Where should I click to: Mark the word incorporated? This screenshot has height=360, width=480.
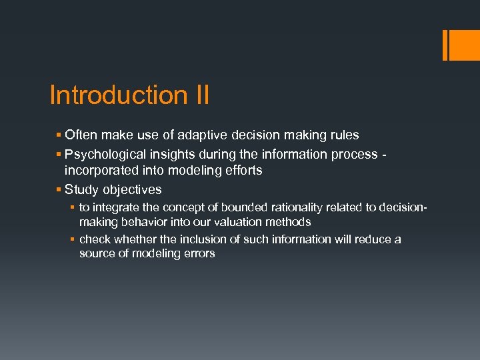tap(100, 170)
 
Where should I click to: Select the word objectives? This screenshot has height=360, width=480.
tap(131, 189)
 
